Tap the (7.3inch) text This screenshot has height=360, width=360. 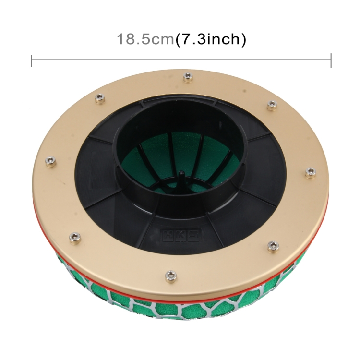pyautogui.click(x=211, y=39)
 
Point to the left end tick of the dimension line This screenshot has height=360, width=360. pyautogui.click(x=32, y=60)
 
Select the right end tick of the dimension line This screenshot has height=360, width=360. pyautogui.click(x=331, y=60)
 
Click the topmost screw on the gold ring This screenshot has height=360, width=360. pyautogui.click(x=187, y=76)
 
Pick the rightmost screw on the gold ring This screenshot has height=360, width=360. pyautogui.click(x=310, y=171)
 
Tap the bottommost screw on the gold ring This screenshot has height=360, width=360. pyautogui.click(x=170, y=275)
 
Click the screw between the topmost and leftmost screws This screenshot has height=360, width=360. pyautogui.click(x=100, y=98)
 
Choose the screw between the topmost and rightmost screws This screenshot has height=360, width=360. pyautogui.click(x=271, y=104)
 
